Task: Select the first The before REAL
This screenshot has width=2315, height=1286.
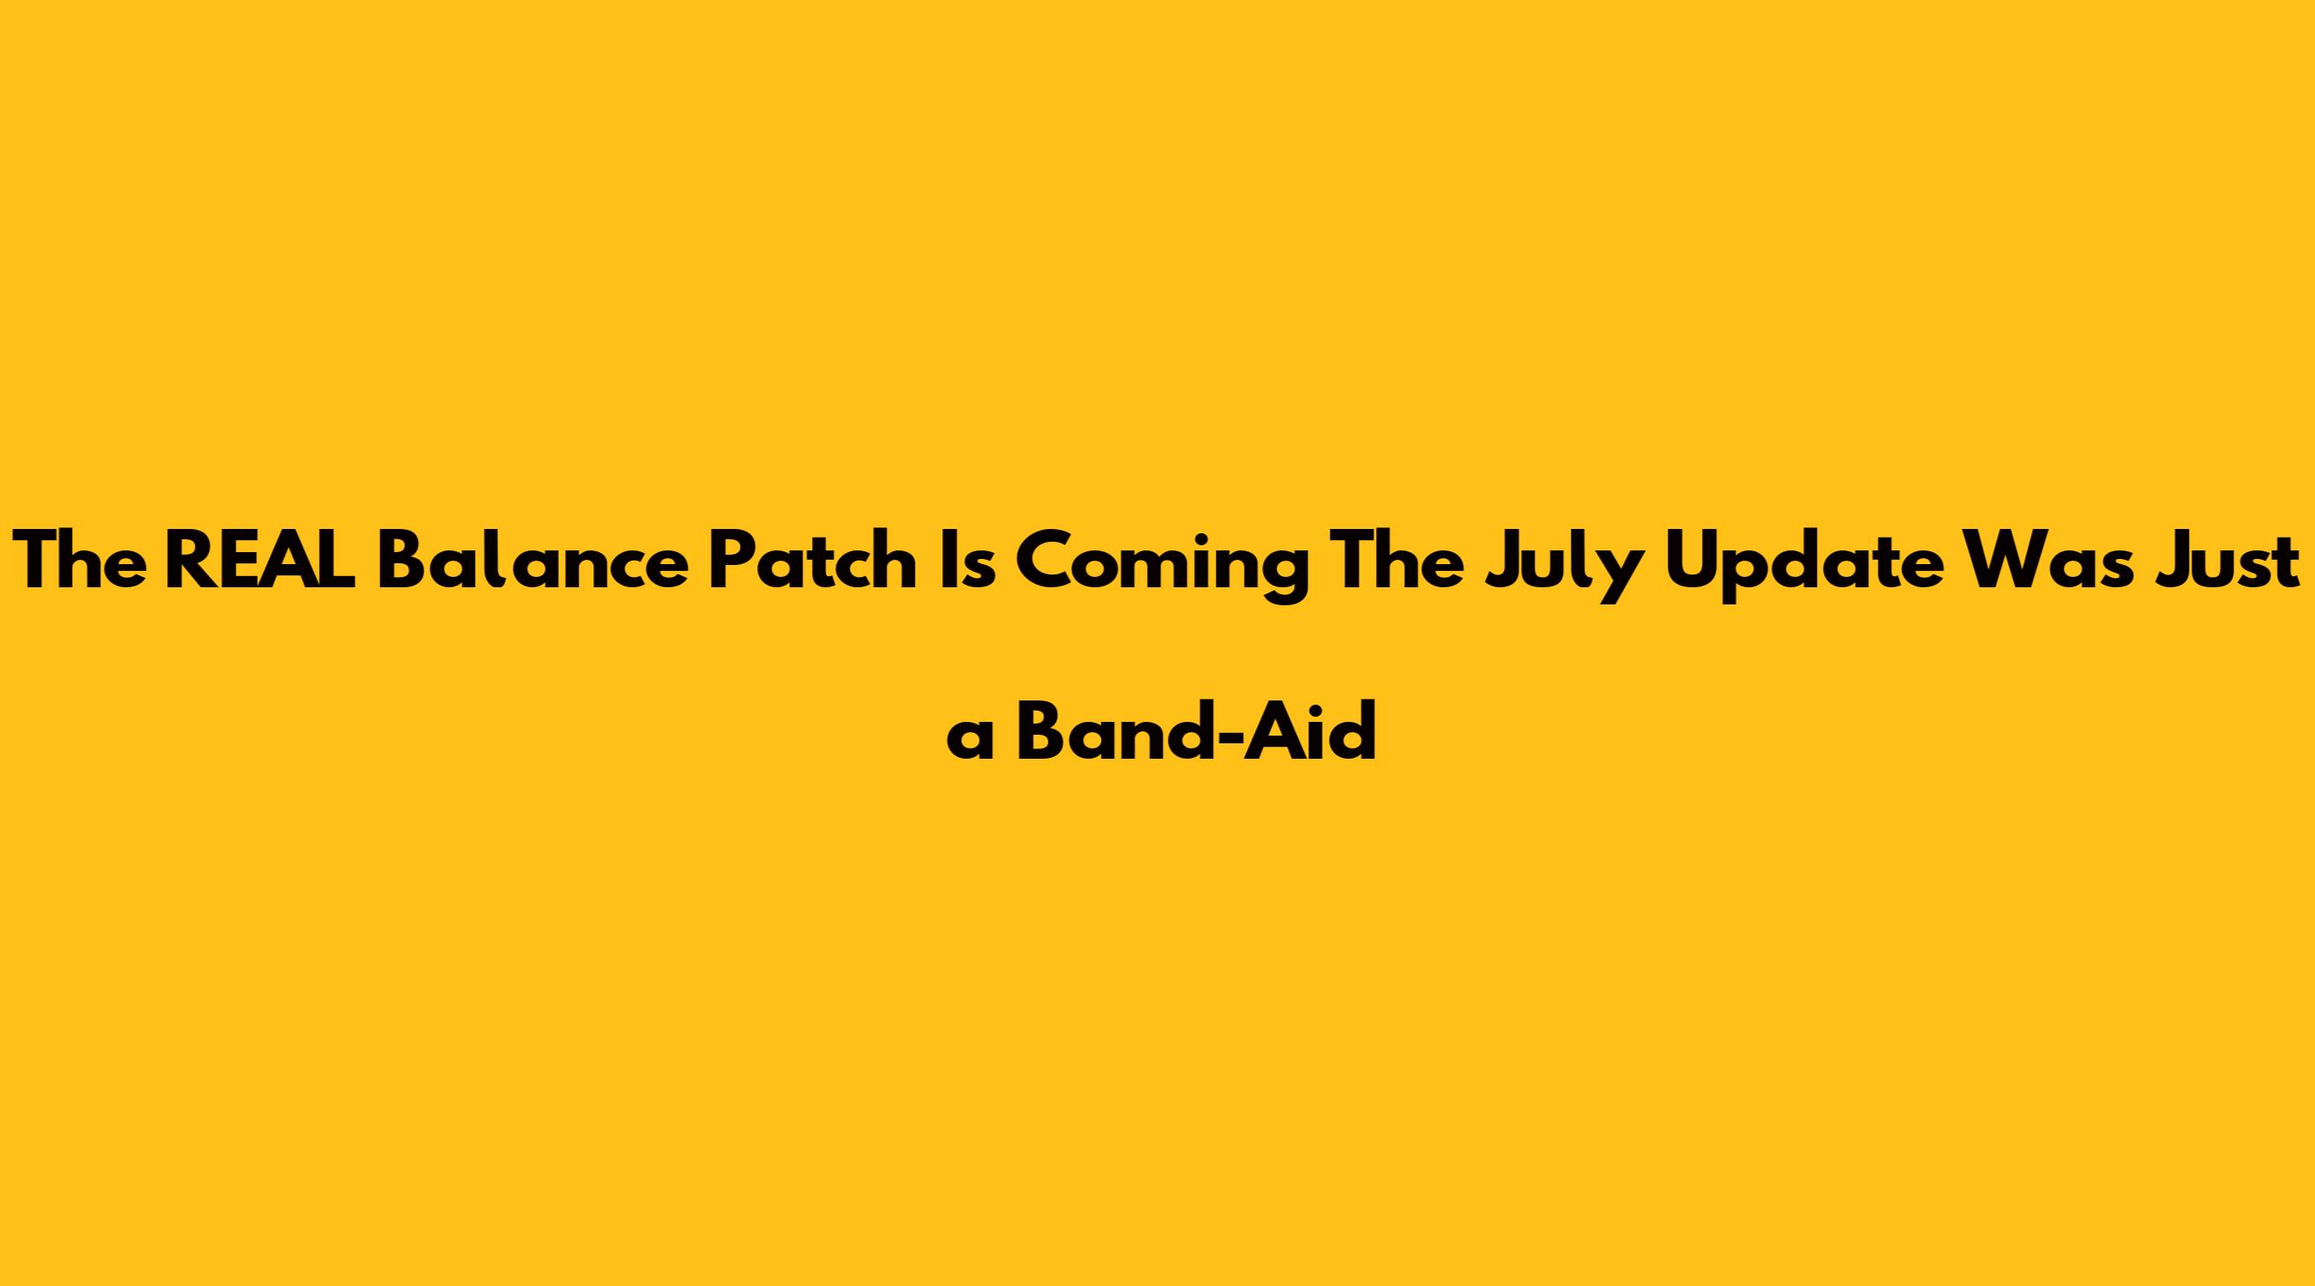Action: tap(79, 562)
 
